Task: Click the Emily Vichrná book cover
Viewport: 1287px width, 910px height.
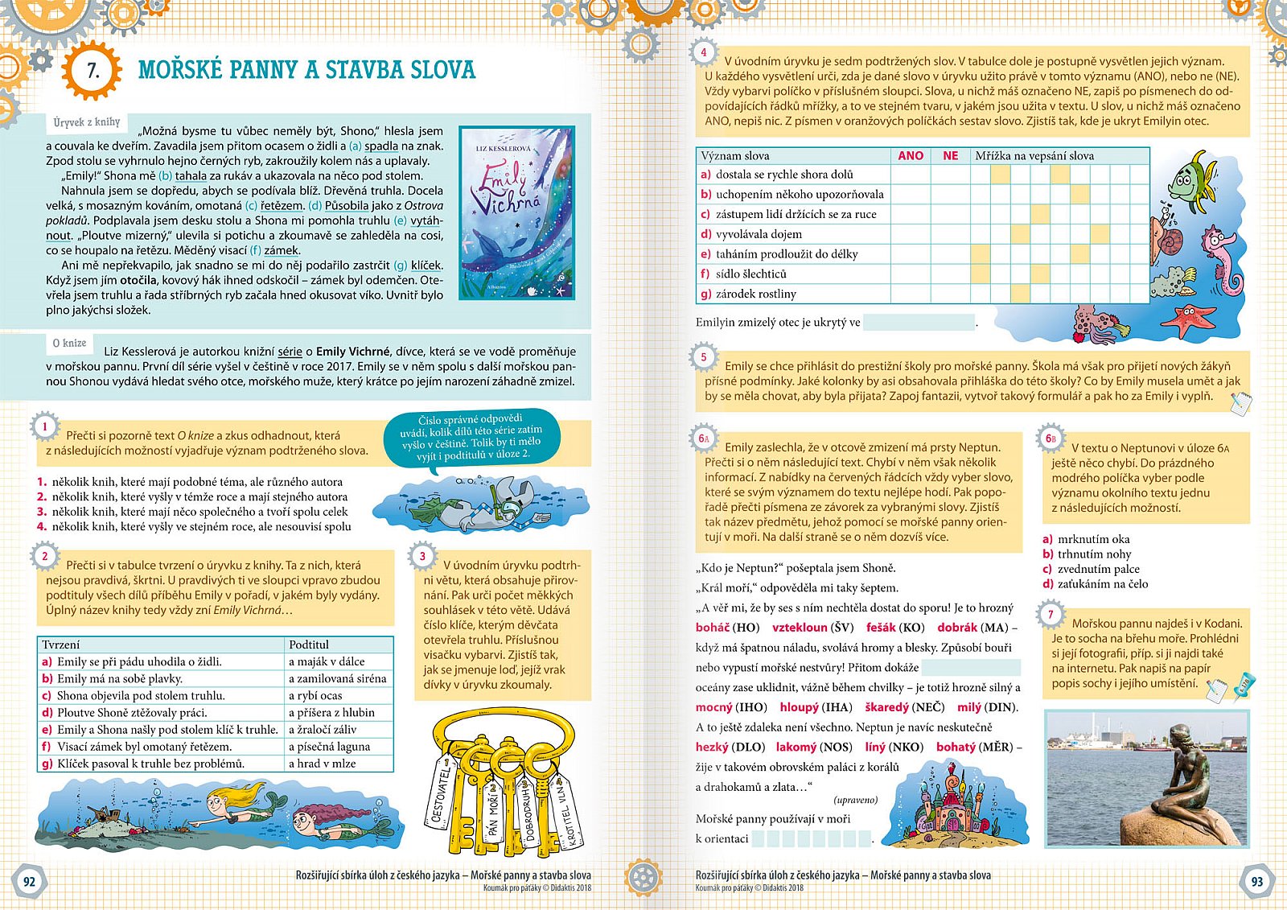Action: [517, 212]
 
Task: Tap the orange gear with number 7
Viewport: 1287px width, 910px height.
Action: [93, 71]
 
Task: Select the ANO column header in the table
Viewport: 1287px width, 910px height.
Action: [911, 156]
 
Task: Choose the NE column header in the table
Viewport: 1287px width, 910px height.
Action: [950, 156]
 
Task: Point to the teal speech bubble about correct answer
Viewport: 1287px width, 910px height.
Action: [471, 439]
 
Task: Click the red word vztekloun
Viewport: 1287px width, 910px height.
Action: [800, 628]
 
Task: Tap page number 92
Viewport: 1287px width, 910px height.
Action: [29, 881]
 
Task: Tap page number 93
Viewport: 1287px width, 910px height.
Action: [1257, 881]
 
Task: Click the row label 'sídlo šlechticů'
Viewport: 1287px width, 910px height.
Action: [751, 274]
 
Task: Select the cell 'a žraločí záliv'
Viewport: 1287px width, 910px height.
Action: [323, 730]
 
